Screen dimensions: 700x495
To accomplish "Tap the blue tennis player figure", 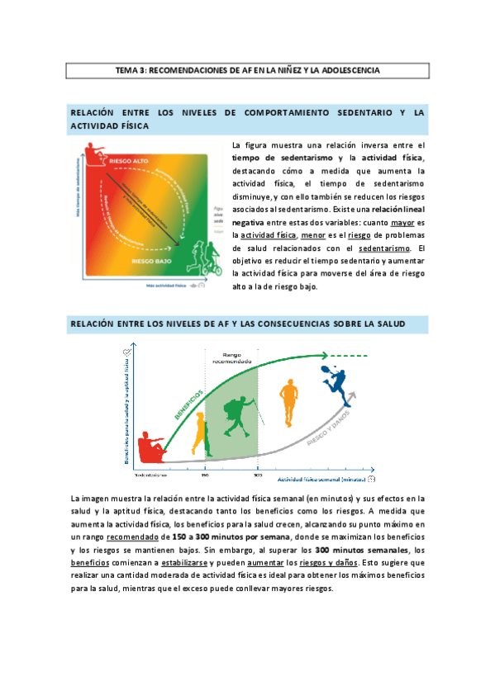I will [x=333, y=381].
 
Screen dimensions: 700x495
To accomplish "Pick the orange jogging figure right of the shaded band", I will [x=288, y=402].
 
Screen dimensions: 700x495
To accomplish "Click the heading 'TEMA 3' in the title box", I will [x=131, y=71].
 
